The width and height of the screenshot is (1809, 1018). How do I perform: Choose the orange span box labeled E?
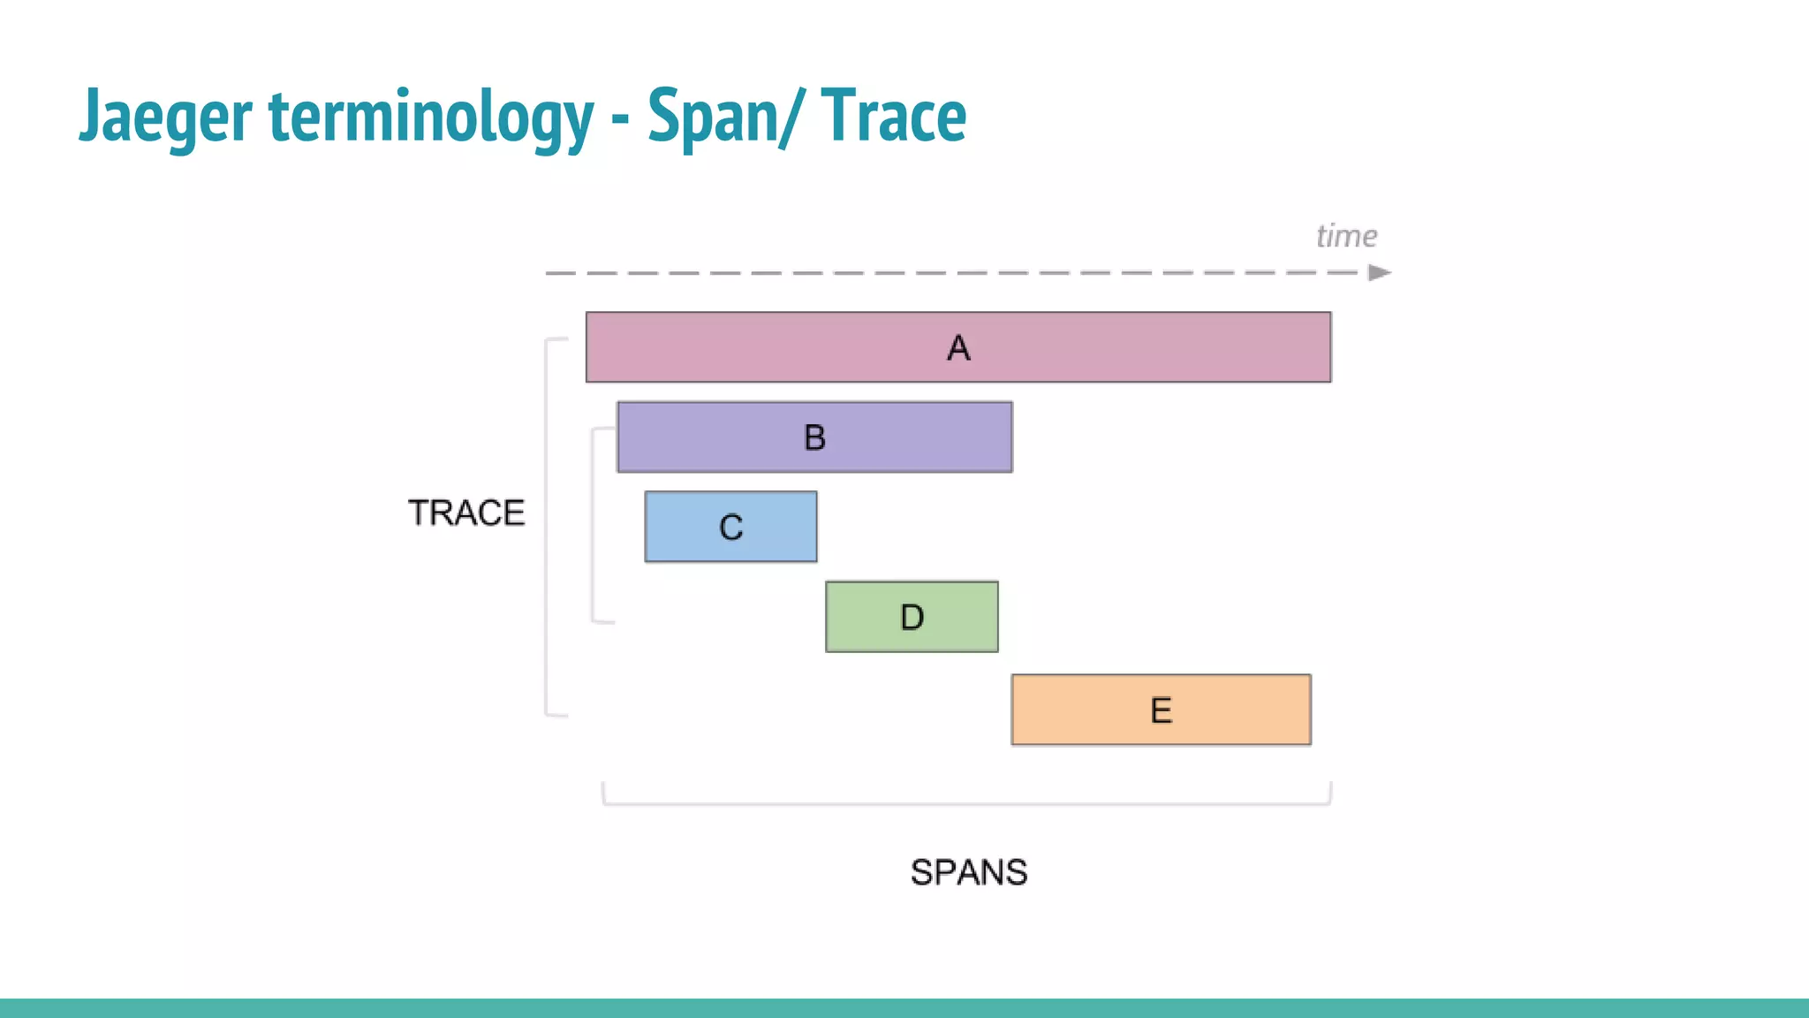[1237, 710]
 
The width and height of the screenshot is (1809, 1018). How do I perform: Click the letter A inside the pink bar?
[958, 348]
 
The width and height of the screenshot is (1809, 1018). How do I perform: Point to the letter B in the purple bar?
[814, 437]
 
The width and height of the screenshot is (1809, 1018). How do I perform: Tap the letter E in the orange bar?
[1161, 710]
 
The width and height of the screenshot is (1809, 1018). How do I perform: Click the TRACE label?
[466, 513]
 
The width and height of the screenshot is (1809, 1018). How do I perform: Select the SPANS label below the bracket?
[969, 872]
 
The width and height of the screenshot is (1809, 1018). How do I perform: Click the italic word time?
[1346, 236]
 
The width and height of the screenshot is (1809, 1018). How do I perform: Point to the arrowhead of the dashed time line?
[1380, 273]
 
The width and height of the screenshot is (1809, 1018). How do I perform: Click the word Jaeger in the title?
[166, 117]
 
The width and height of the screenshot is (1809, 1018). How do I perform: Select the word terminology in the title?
[431, 117]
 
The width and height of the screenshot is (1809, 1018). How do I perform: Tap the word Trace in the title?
[893, 117]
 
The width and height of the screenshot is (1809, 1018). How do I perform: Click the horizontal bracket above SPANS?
[966, 803]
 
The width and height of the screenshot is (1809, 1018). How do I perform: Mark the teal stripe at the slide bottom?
[904, 1007]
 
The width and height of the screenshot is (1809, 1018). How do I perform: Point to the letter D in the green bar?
[912, 617]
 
